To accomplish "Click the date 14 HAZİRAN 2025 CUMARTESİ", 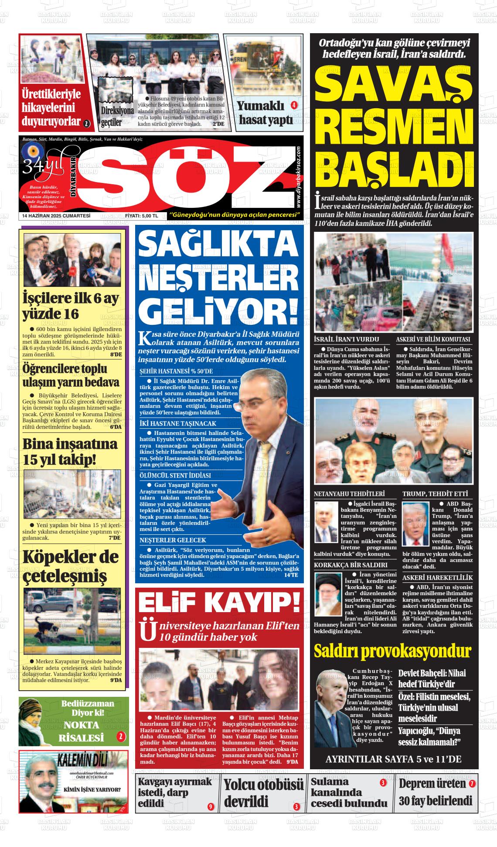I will pos(56,216).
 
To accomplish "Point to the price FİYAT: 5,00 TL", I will pos(141,216).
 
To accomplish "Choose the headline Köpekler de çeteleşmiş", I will pos(71,567).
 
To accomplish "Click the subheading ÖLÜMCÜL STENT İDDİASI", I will pos(175,475).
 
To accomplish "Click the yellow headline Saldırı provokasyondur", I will pos(392,651).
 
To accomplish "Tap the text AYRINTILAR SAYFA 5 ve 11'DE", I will pos(393,759).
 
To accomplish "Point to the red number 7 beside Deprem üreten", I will pos(472,784).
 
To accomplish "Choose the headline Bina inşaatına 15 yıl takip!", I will pos(70,451).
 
